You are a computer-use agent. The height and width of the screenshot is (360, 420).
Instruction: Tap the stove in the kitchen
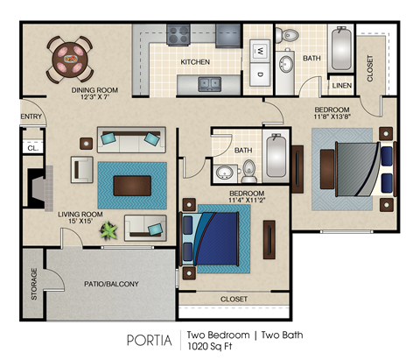coord(178,36)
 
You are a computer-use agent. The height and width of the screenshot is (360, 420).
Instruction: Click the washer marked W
coord(260,51)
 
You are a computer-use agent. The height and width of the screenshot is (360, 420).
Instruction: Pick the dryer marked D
coord(260,75)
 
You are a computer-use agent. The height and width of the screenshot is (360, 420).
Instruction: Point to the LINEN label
coord(342,86)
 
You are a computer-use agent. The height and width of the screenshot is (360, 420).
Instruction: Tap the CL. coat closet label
coord(31,148)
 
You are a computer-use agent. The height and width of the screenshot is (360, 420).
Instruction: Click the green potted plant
coord(109,231)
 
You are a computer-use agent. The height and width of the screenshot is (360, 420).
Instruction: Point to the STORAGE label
coord(34,284)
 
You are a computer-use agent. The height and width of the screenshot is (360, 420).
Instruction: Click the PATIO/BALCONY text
coord(111,285)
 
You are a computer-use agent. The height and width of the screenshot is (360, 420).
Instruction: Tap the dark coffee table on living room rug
coord(131,185)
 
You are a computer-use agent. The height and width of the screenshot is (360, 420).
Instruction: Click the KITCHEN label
coord(195,62)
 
